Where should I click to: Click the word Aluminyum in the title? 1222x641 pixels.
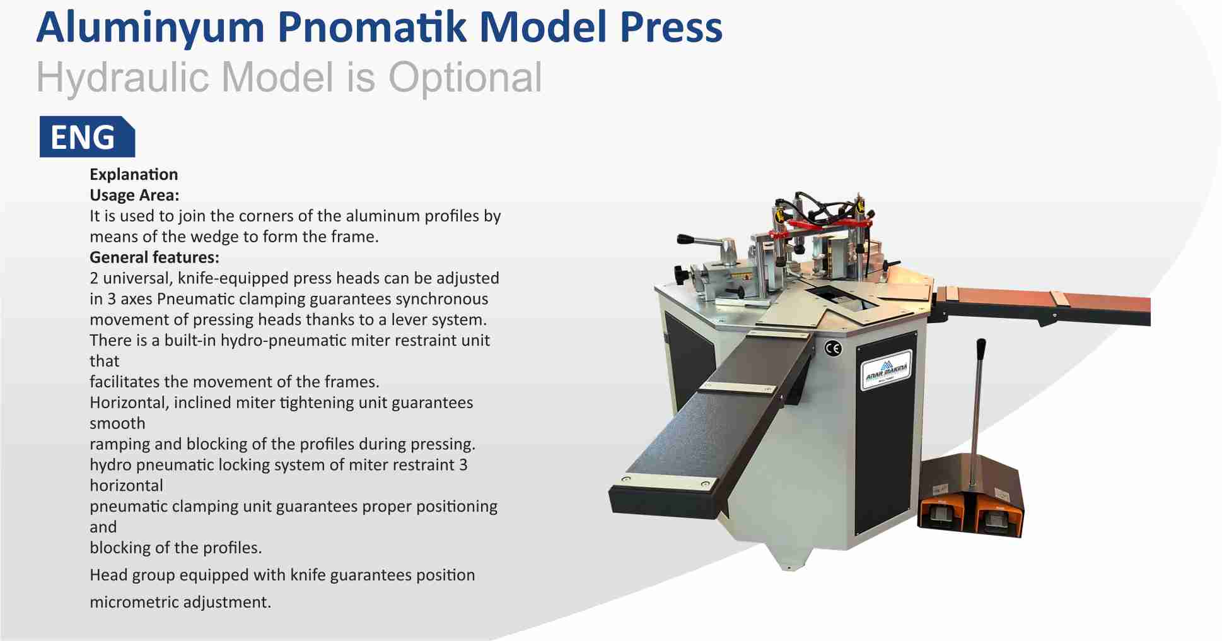150,28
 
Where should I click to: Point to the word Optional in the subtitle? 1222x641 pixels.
465,78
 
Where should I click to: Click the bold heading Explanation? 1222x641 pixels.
134,174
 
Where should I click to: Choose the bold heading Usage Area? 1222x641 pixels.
134,195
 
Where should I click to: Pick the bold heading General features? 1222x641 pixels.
154,257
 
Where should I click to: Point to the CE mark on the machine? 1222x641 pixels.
833,348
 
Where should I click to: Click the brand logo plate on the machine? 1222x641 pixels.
886,370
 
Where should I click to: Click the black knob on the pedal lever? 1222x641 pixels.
981,348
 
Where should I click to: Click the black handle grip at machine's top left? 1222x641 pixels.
686,239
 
